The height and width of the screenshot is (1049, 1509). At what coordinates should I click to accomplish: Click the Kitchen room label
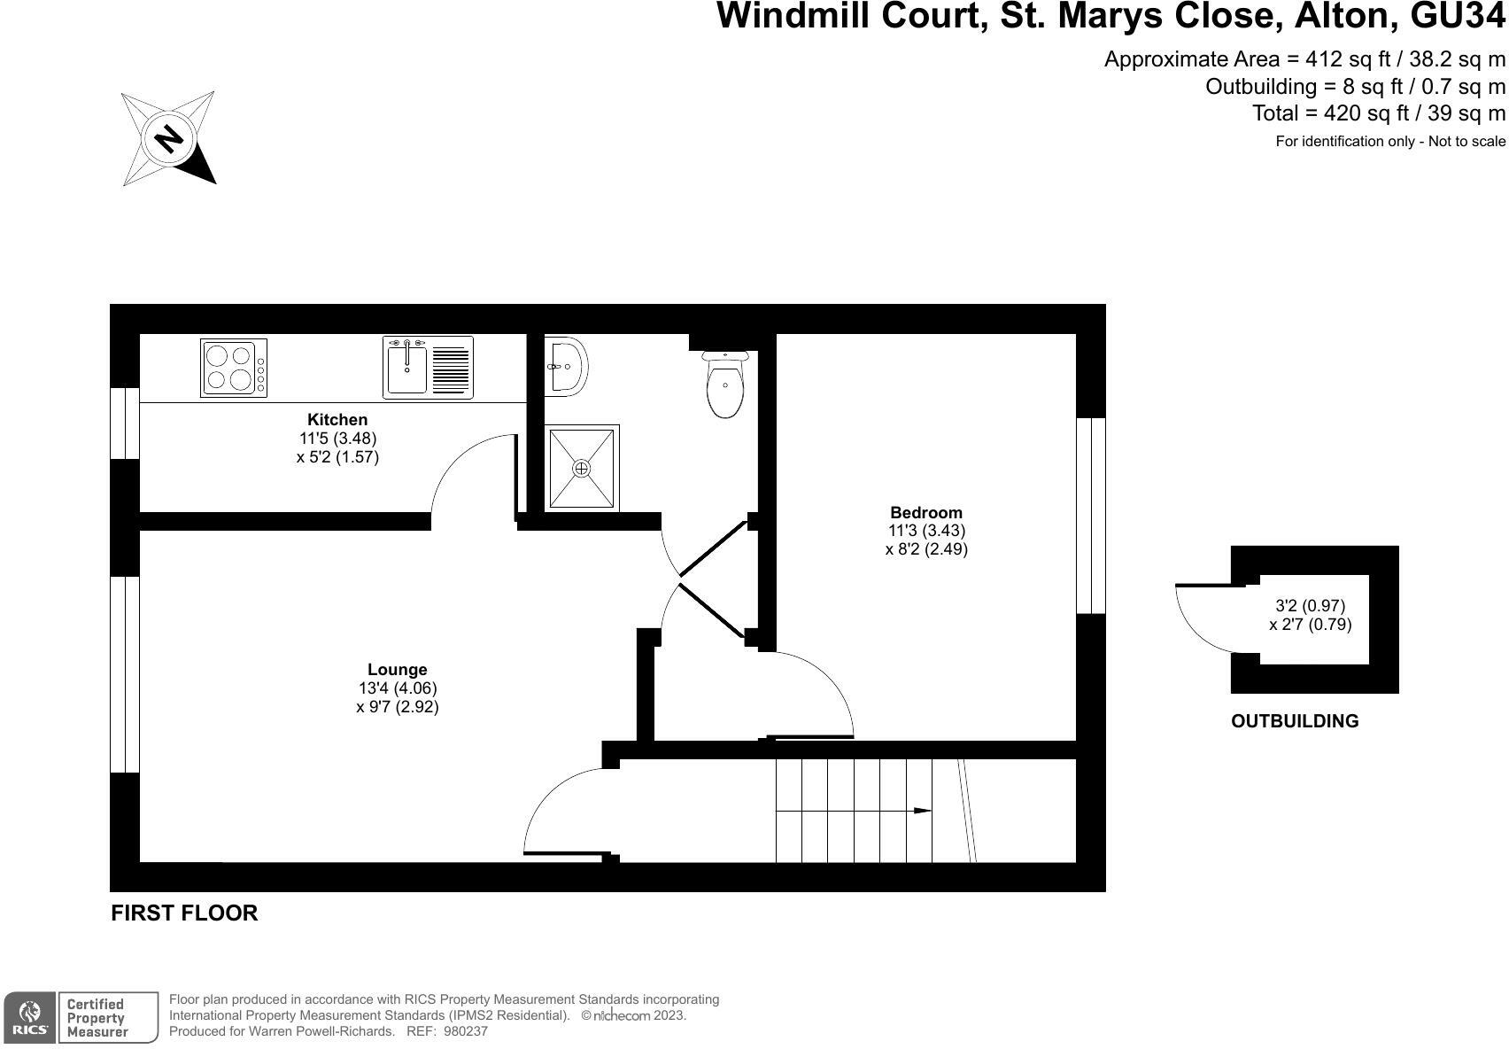click(x=337, y=420)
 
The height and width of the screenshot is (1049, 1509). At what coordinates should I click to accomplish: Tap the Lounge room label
click(x=397, y=670)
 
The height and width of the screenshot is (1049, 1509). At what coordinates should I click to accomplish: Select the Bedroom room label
click(x=925, y=512)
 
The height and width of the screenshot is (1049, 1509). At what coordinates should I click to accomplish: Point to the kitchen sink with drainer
click(x=428, y=368)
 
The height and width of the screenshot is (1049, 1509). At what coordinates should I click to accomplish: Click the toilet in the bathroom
click(x=725, y=386)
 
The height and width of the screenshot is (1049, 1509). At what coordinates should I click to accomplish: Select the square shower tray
click(x=581, y=468)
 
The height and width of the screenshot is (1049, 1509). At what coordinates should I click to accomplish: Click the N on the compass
click(x=167, y=139)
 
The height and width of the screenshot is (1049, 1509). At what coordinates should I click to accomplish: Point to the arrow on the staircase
click(x=921, y=811)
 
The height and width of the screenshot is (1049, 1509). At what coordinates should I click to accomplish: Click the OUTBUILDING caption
click(x=1294, y=721)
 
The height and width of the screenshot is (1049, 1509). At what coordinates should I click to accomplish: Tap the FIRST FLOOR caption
click(x=184, y=913)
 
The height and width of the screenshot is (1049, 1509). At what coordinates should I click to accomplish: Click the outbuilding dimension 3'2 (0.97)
click(x=1310, y=606)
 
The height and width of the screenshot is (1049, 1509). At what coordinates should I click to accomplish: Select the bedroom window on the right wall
click(x=1091, y=516)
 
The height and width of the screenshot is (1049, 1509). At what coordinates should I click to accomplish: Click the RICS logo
click(x=30, y=1016)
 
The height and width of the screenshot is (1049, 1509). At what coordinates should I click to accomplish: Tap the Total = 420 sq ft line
click(x=1378, y=113)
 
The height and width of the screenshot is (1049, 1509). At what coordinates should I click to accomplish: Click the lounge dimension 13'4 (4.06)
click(x=397, y=688)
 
